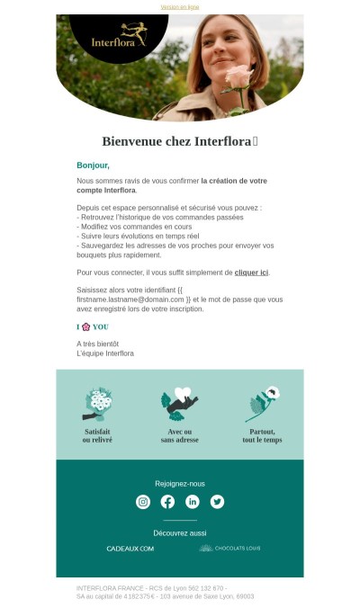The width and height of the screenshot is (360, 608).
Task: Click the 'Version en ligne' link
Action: click(x=180, y=6)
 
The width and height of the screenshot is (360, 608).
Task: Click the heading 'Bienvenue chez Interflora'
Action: click(x=179, y=141)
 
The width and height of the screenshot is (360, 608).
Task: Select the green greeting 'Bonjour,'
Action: click(x=93, y=165)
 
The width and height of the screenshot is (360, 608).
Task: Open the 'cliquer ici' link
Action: click(x=251, y=272)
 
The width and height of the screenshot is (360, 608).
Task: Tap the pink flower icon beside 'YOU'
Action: click(x=85, y=326)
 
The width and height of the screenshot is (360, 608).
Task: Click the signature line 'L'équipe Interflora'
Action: click(x=105, y=353)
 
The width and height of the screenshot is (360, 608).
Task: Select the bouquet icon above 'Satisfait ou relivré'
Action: click(x=98, y=403)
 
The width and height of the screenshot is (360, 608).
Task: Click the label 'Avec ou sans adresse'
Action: click(x=179, y=435)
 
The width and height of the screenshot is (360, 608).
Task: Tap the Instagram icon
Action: click(x=143, y=502)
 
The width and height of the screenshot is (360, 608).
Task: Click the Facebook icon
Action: click(x=167, y=502)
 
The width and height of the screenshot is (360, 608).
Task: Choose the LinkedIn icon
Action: click(x=193, y=502)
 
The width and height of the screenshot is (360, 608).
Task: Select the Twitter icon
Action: click(x=217, y=502)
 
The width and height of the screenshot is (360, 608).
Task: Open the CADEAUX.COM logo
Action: click(x=130, y=549)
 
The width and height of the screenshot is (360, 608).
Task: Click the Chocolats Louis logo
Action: click(x=229, y=548)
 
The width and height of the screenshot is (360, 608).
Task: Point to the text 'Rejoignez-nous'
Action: click(x=180, y=484)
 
